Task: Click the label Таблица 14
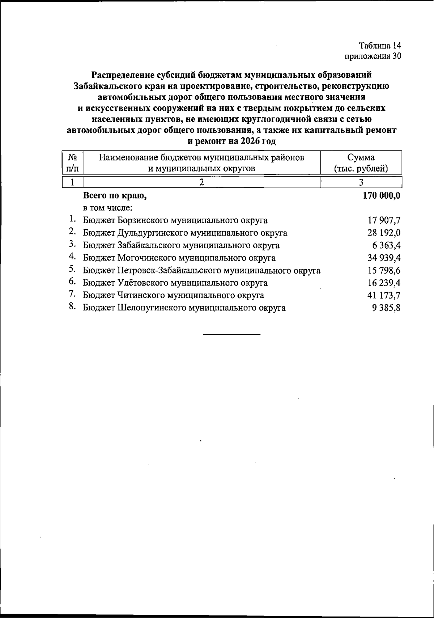click(x=380, y=46)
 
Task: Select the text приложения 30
click(x=373, y=56)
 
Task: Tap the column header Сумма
click(x=361, y=157)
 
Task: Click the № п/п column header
click(x=73, y=163)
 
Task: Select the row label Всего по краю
click(x=115, y=196)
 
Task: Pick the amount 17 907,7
click(x=384, y=220)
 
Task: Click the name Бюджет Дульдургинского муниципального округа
click(x=185, y=233)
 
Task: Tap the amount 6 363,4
click(x=386, y=245)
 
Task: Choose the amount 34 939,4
click(x=384, y=258)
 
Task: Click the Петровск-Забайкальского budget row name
click(x=201, y=270)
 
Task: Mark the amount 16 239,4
click(x=384, y=283)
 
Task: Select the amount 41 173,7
click(x=384, y=295)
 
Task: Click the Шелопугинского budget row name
click(x=184, y=308)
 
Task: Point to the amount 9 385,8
click(x=386, y=308)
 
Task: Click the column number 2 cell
click(x=202, y=182)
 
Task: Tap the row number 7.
click(x=72, y=295)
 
